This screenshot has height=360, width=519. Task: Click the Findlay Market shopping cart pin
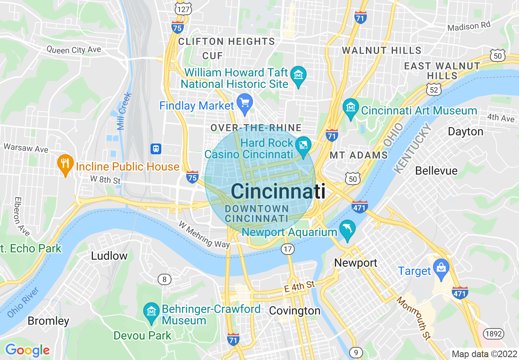pos(245,102)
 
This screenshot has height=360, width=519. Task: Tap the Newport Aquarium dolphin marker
pos(348,230)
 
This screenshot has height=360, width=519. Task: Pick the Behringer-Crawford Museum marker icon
pos(151,313)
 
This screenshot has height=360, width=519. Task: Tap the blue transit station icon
pos(156,148)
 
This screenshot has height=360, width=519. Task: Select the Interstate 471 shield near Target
pos(460,292)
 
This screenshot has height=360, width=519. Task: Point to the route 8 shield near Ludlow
pos(165,279)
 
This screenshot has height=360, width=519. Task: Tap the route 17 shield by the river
pos(288,249)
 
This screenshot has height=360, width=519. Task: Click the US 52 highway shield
pos(432,88)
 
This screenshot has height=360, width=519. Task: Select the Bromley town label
pos(48,321)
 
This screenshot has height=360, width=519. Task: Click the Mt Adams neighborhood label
pos(359,155)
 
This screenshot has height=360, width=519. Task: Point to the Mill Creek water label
pos(124,111)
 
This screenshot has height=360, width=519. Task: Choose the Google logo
pos(27,350)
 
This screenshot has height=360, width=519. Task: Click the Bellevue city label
pos(436,170)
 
